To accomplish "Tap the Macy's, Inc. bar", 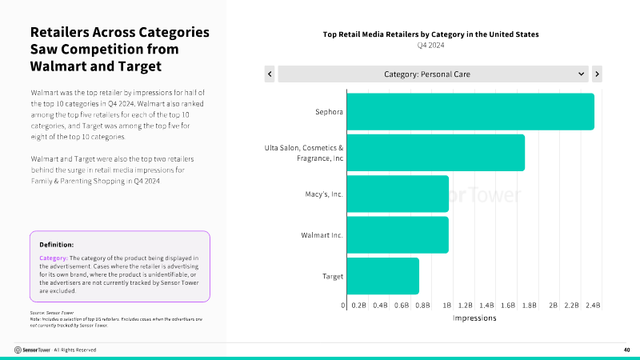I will [397, 194].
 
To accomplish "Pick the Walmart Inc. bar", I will [397, 234].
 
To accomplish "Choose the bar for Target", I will [382, 276].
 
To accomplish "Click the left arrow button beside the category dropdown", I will [270, 74].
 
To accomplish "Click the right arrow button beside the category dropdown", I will [597, 74].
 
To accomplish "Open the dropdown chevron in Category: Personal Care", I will [582, 74].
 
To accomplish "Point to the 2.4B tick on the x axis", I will [593, 306].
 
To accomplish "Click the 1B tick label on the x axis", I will [447, 306].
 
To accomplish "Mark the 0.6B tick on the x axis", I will [402, 306].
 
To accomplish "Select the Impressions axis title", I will [474, 318].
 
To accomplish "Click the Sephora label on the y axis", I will [329, 112].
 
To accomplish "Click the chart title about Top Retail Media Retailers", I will [430, 34].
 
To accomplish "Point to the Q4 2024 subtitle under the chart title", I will [430, 45].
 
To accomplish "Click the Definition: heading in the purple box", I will [57, 244].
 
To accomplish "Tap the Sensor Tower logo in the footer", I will [33, 350].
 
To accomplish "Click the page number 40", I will [626, 350].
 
